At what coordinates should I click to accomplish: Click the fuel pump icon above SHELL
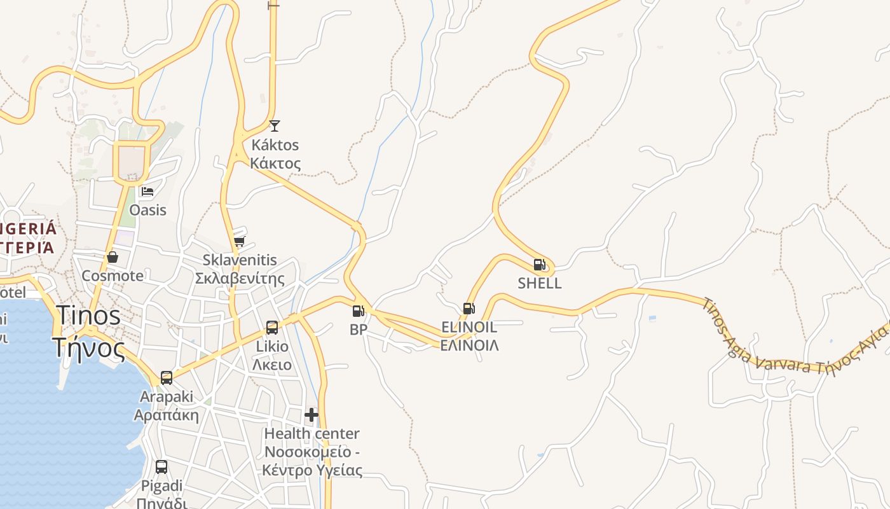(539, 265)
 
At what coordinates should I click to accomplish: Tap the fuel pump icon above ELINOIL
(469, 309)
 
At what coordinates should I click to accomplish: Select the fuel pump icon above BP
(358, 311)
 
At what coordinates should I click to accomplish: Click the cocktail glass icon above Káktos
(274, 126)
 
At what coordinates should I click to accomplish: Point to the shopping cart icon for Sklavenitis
(240, 241)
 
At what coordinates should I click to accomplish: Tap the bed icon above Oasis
(147, 191)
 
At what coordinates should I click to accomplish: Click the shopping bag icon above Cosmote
(113, 257)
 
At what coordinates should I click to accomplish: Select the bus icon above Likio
(272, 328)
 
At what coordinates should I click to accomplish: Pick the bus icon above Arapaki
(167, 378)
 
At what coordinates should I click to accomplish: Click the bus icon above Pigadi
(161, 467)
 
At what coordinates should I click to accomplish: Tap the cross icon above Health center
(311, 415)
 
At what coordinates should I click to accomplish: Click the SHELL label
(540, 283)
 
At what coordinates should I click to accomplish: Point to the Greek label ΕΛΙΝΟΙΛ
(469, 345)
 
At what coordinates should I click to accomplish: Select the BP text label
(359, 330)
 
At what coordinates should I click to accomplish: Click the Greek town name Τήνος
(89, 347)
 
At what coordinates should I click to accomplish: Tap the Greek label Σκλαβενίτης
(239, 279)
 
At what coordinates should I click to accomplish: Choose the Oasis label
(148, 210)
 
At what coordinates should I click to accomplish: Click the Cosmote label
(113, 276)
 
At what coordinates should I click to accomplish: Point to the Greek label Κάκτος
(275, 163)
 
